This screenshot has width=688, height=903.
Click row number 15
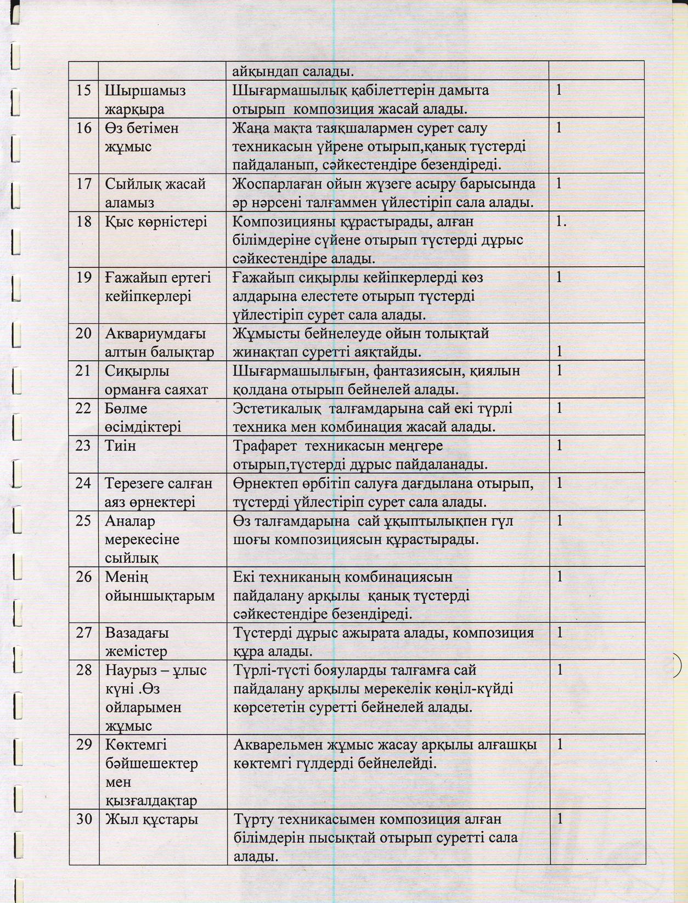click(83, 90)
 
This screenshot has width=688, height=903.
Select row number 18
click(83, 222)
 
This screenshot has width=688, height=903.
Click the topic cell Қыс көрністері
click(156, 222)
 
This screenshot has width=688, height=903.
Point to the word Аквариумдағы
click(155, 333)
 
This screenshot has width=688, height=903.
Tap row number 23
click(83, 445)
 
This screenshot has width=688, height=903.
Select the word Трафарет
click(266, 446)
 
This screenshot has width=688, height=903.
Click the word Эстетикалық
click(277, 408)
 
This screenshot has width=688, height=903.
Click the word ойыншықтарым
click(160, 596)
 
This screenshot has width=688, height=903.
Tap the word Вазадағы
click(137, 633)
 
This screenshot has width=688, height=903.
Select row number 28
click(83, 670)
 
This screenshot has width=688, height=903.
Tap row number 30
click(83, 820)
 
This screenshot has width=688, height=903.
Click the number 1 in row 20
click(559, 351)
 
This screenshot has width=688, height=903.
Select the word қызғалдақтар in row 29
click(150, 801)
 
